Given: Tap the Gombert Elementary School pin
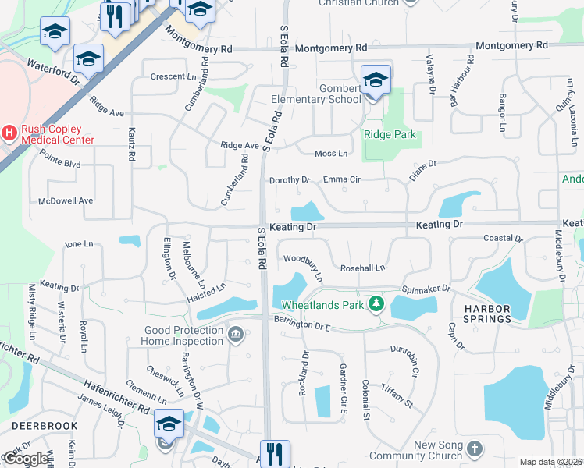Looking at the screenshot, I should (376, 80).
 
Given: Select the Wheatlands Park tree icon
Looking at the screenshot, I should (376, 303).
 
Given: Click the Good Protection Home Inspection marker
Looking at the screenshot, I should (235, 335).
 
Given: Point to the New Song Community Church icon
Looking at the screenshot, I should (475, 450).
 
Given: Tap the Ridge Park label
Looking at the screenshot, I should (390, 135).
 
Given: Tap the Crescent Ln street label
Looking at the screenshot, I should (173, 76).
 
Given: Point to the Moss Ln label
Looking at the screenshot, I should (330, 154).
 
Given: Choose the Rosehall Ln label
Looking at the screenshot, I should (362, 268).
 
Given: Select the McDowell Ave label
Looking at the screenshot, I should (66, 200).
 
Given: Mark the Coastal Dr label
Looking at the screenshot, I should (502, 238).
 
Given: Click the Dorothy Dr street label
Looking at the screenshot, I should (289, 180).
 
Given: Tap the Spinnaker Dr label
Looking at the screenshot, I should (426, 289).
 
